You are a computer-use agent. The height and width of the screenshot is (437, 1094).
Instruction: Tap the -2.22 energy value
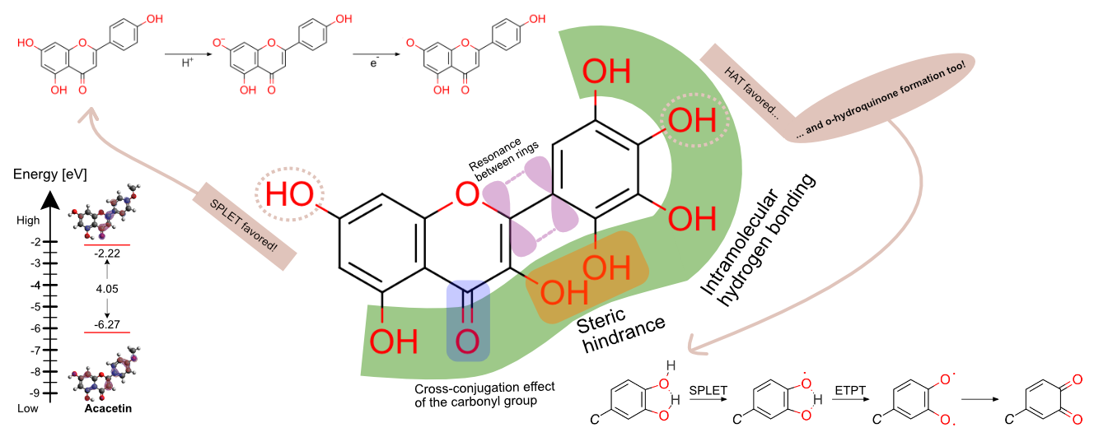[x=107, y=253]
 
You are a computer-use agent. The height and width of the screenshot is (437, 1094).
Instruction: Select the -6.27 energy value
[x=107, y=324]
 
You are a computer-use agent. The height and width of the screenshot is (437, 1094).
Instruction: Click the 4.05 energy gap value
[x=107, y=289]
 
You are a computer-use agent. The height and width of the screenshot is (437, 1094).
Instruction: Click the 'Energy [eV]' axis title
[x=50, y=174]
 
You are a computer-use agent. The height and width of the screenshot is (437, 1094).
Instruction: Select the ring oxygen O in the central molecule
[x=467, y=196]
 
